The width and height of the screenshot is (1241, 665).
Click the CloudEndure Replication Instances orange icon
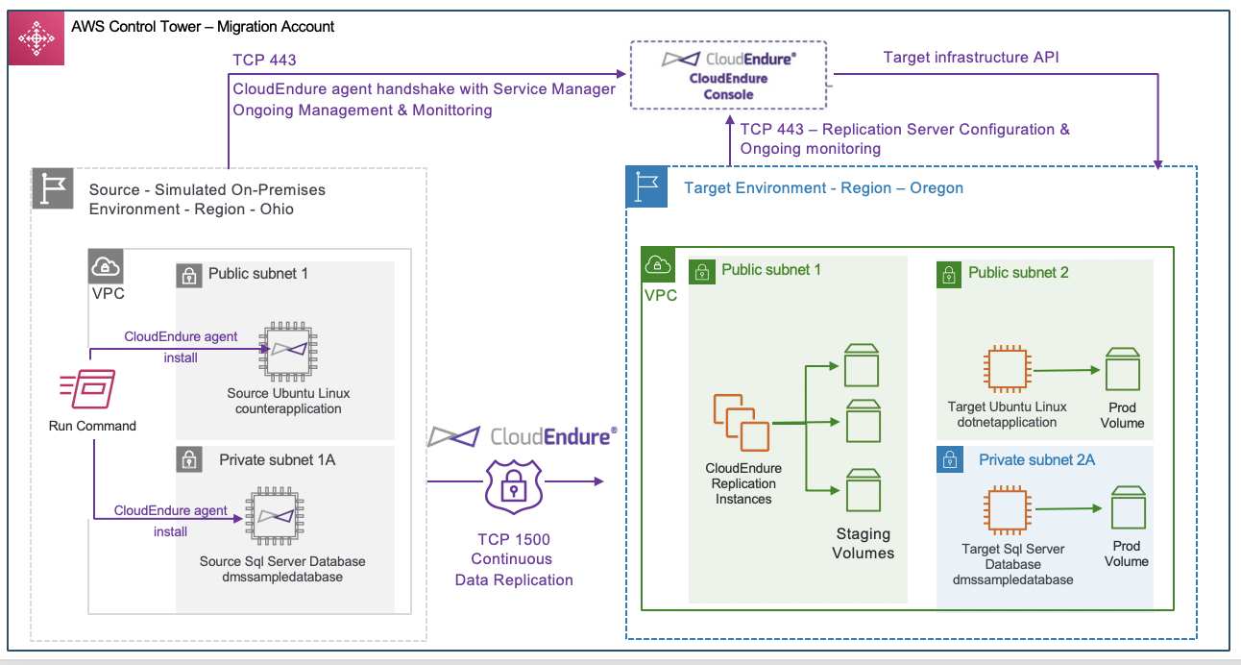741,422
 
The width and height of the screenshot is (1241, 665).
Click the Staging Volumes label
864,543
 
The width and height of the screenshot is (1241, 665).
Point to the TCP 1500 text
514,538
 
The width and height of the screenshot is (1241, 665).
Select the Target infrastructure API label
971,58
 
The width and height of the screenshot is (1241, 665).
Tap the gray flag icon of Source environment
53,188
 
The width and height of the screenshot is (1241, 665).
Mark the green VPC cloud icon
659,264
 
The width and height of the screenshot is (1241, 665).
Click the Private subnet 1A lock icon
190,459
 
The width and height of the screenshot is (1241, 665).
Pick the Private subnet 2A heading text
1036,460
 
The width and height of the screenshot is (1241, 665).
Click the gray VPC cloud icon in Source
106,266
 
